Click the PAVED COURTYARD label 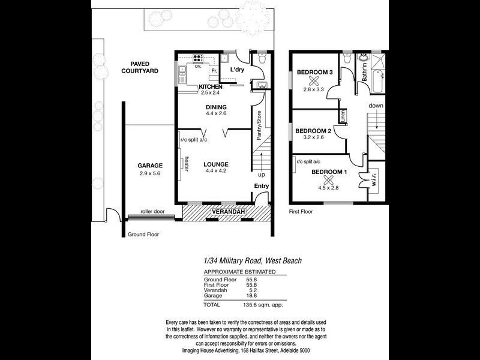140,67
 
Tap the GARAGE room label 150,165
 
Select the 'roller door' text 152,212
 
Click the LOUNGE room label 215,164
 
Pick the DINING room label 216,107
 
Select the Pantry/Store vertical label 259,125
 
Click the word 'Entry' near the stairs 262,186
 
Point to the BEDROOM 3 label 315,73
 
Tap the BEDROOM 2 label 314,131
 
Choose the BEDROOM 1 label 329,173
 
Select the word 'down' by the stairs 376,106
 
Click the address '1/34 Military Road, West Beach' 253,260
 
